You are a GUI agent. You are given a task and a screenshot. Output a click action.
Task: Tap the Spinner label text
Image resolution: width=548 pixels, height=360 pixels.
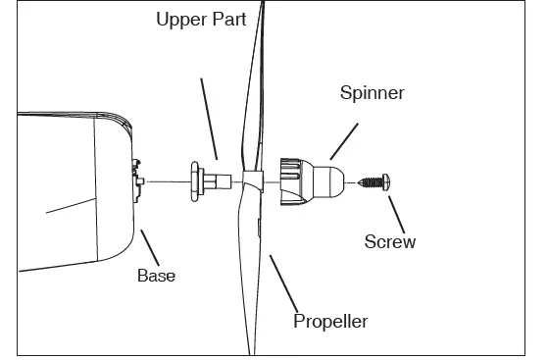tap(372, 94)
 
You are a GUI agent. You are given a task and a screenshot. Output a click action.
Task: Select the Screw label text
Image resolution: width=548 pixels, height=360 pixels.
tap(389, 241)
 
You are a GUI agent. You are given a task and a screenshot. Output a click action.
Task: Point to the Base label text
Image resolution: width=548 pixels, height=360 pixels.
tap(156, 276)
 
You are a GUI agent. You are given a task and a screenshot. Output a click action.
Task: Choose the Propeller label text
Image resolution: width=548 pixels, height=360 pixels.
tap(331, 321)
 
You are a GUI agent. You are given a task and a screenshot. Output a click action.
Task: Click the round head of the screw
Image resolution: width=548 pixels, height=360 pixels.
tap(386, 181)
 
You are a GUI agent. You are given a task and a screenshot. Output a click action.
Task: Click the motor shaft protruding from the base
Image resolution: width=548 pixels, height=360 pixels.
tap(141, 181)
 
